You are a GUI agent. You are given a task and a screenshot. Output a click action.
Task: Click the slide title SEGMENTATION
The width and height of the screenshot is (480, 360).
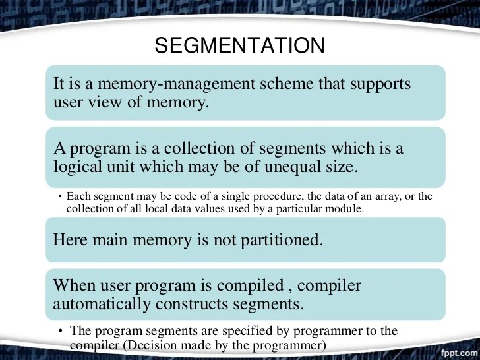click(x=239, y=45)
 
